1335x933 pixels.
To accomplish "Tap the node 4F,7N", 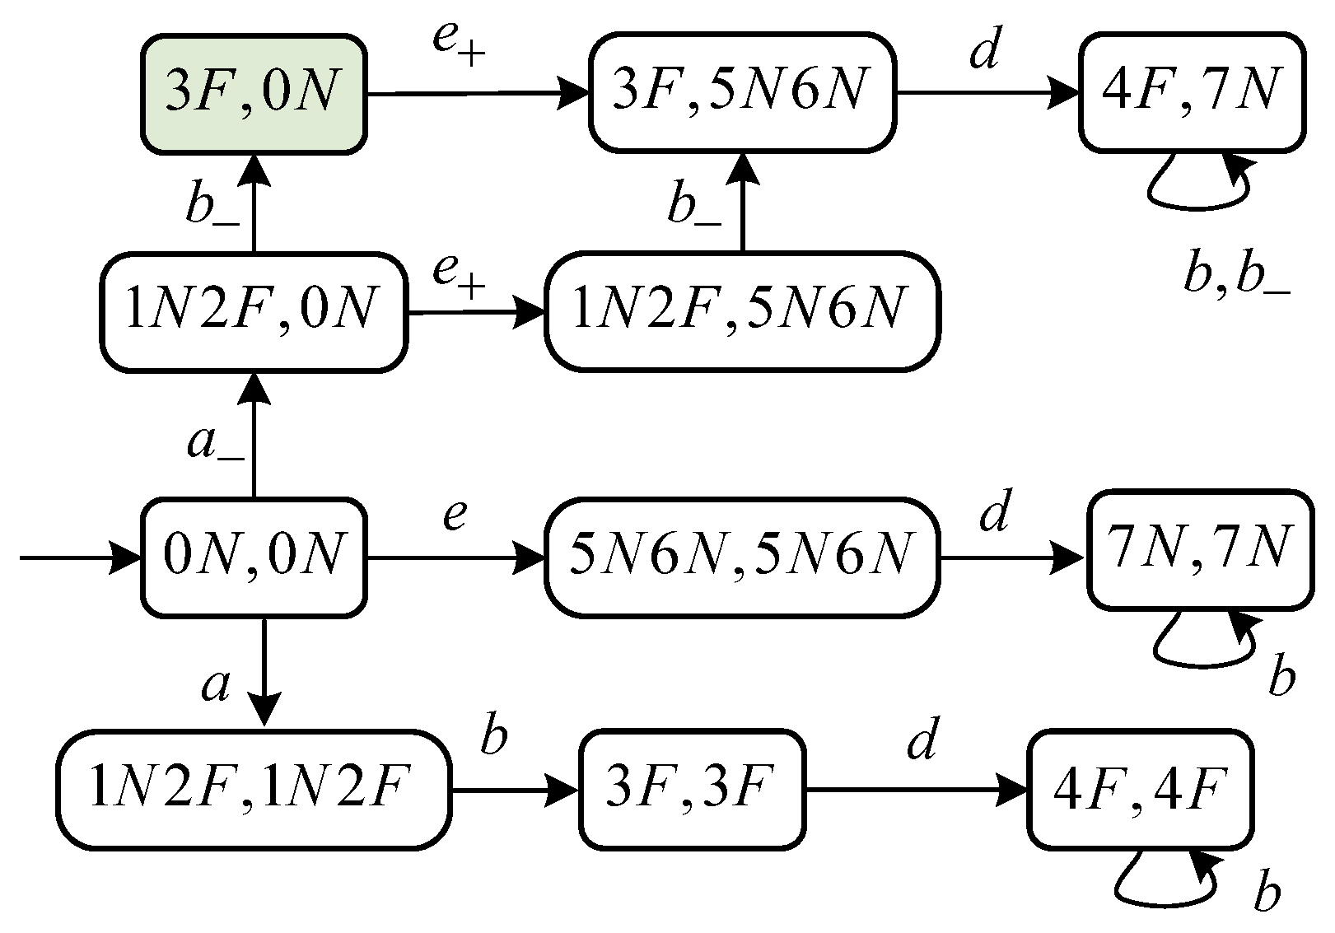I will coord(1193,93).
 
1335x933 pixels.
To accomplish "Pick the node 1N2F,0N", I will coord(253,313).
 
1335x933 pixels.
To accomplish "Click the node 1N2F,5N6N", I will coord(742,312).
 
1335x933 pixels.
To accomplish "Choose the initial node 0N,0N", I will coord(253,557).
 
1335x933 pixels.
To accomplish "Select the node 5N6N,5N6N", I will coord(742,557).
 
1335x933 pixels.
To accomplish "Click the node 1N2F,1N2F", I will coord(254,790).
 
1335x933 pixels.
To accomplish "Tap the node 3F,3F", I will coord(692,790).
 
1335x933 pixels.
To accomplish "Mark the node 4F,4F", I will coord(1141,790).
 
